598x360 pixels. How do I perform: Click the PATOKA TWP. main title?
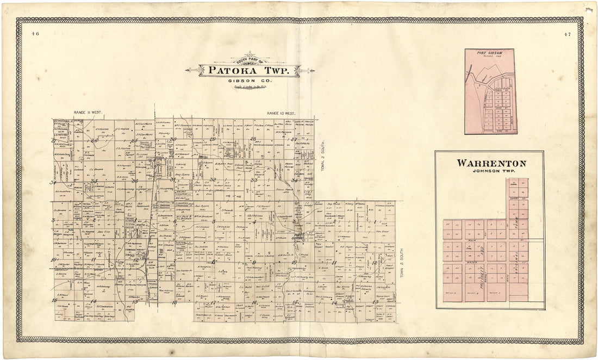[250, 71]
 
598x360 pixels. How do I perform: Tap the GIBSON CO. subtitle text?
[250, 80]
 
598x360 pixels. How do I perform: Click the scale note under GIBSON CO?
[250, 86]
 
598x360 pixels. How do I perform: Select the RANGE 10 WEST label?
[281, 113]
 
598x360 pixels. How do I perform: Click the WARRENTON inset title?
[491, 163]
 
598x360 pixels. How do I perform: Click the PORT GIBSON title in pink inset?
[489, 53]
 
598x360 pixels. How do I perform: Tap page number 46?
[35, 34]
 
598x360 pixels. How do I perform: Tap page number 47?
[567, 35]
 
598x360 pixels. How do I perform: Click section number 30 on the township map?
[173, 139]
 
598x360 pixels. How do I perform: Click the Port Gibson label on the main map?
[297, 235]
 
